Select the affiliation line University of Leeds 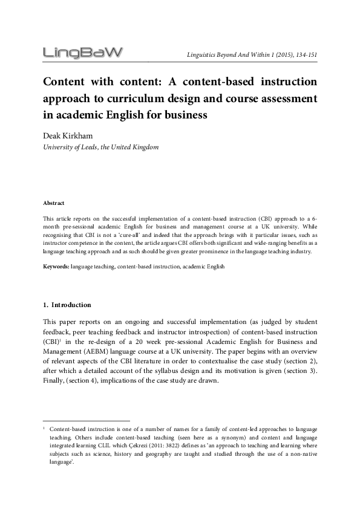click(100, 148)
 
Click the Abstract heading click(54, 203)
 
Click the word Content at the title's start click(65, 82)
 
